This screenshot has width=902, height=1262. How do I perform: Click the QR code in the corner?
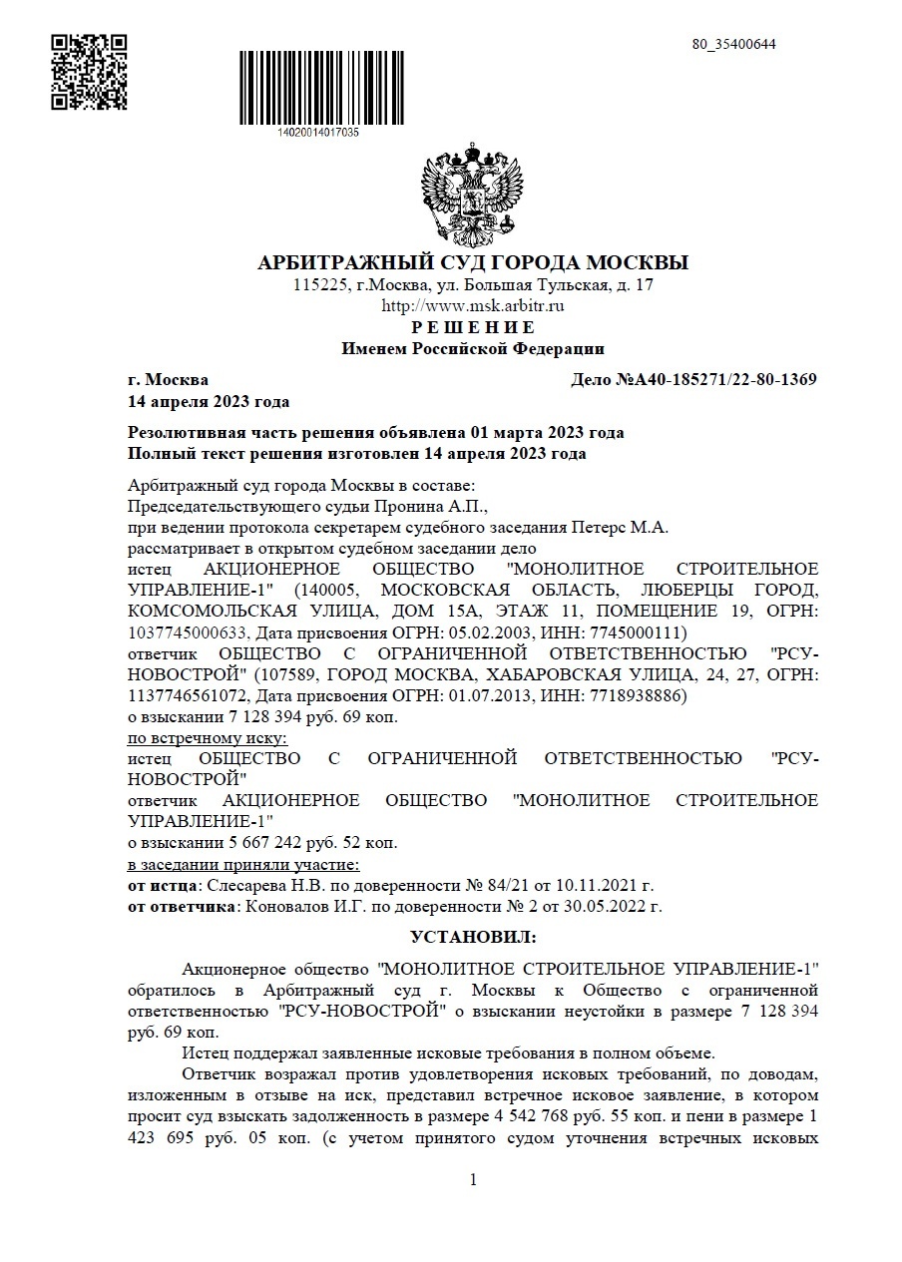click(89, 71)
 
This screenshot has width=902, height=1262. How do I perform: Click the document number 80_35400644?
click(734, 44)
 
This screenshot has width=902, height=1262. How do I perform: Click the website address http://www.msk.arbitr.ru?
click(473, 306)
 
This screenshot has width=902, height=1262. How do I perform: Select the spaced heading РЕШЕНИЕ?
click(473, 327)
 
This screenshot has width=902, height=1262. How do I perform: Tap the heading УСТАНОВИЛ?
click(473, 938)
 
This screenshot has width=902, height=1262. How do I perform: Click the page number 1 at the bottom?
click(473, 1180)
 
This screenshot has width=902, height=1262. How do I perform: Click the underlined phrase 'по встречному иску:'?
click(208, 738)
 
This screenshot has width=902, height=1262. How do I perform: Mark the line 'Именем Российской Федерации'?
click(473, 349)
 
